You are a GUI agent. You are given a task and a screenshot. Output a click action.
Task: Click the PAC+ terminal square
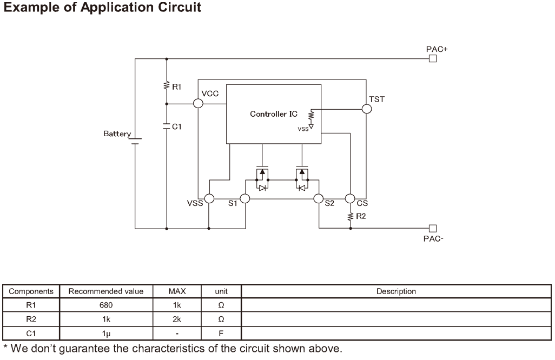click(432, 58)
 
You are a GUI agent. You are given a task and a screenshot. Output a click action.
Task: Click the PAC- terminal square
click(432, 228)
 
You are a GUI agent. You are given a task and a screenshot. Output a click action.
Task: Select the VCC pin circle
click(199, 103)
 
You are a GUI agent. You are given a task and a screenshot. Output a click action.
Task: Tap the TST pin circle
click(367, 109)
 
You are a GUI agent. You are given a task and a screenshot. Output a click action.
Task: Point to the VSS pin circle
click(209, 199)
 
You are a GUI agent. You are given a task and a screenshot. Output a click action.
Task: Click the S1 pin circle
click(245, 199)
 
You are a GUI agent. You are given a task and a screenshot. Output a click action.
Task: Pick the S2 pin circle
click(319, 199)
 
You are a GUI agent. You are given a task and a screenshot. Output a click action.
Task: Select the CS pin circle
click(349, 199)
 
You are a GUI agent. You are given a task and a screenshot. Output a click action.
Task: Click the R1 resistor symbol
click(167, 85)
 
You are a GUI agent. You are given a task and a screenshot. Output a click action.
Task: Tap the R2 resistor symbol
click(350, 216)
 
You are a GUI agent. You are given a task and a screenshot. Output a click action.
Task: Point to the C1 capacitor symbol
click(167, 126)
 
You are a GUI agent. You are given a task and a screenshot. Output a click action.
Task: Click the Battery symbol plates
click(135, 141)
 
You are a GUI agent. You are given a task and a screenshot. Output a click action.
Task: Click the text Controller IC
click(273, 114)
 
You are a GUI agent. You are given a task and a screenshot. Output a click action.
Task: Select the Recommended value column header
click(105, 291)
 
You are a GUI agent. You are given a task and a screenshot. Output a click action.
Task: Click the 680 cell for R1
click(105, 305)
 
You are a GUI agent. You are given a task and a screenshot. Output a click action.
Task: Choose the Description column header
click(396, 291)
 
